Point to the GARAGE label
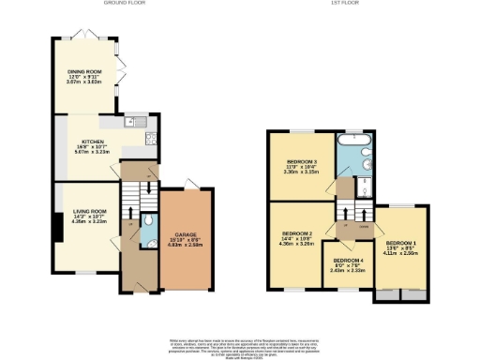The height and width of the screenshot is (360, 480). click(x=184, y=235)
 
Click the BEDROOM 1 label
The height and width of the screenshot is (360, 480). click(x=401, y=242)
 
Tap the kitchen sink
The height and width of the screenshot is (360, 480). click(x=130, y=123)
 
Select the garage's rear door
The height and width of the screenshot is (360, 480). click(x=190, y=182)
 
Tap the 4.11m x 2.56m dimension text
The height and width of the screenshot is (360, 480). click(x=401, y=253)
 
